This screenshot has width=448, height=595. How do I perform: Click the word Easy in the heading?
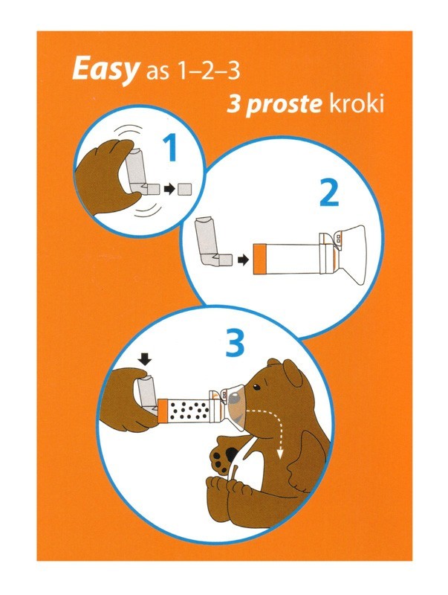click(104, 71)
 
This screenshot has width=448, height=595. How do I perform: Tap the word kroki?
click(357, 103)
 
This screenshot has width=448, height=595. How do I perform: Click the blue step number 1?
click(169, 149)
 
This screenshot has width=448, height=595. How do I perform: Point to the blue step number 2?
click(329, 193)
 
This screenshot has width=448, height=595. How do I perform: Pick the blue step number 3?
click(235, 343)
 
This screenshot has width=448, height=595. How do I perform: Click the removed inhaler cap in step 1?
click(185, 189)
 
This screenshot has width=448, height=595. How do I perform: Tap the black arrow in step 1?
click(169, 189)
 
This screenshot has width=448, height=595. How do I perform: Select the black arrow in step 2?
click(243, 260)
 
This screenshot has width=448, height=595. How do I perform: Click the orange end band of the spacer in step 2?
click(259, 259)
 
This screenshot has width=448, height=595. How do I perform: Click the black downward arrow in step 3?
click(146, 358)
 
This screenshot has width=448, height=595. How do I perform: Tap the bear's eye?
click(256, 387)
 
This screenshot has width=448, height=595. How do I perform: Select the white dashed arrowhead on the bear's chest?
click(280, 454)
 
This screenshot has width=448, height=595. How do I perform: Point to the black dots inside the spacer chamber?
click(189, 410)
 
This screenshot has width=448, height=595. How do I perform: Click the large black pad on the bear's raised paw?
click(231, 454)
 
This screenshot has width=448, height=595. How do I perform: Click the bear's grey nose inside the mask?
click(235, 398)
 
